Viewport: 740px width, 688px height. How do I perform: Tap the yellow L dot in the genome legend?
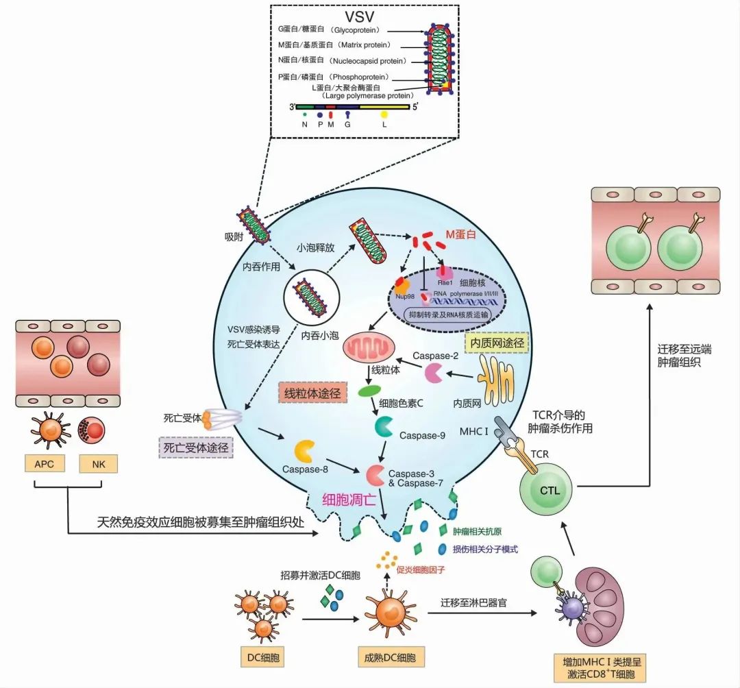click(383, 114)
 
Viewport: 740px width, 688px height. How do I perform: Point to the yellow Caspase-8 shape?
click(305, 451)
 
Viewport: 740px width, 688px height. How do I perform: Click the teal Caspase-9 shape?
click(384, 426)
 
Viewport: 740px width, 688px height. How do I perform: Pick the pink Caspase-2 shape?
click(433, 373)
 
